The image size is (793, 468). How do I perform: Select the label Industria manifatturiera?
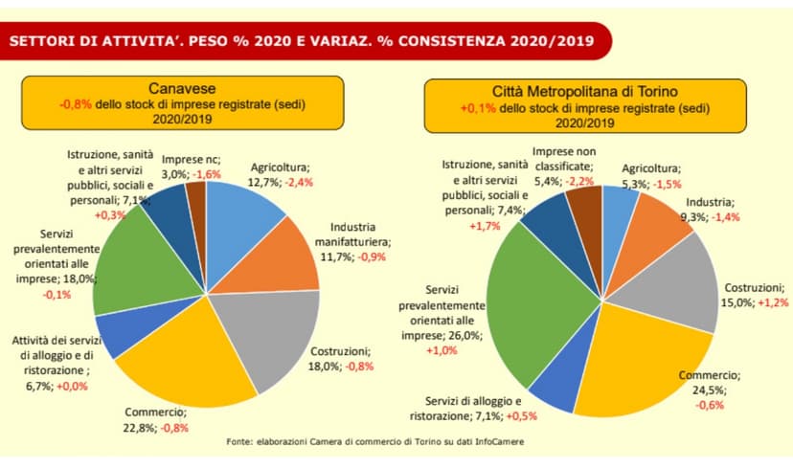360,235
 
